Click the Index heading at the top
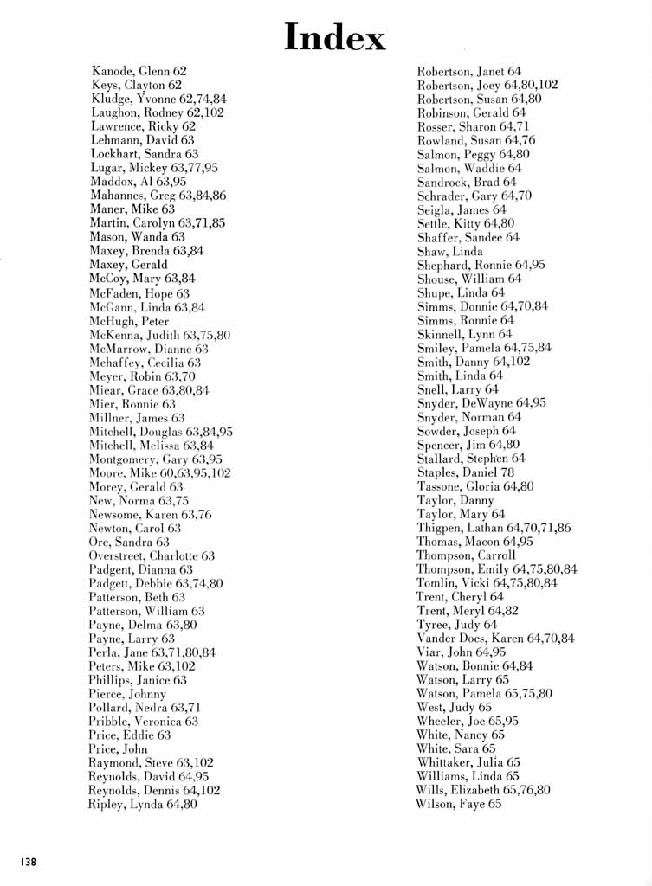click(335, 38)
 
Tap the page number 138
click(29, 861)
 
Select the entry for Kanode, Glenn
click(139, 71)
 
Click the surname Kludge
click(110, 99)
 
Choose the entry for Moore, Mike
click(159, 473)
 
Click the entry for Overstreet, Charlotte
click(152, 556)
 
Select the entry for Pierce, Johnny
click(127, 694)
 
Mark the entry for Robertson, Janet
click(469, 71)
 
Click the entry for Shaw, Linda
click(450, 252)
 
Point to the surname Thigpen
click(440, 528)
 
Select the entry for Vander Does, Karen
click(495, 639)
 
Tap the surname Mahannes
click(117, 196)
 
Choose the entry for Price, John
click(118, 749)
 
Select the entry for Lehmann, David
click(142, 140)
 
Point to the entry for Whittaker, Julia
click(468, 763)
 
